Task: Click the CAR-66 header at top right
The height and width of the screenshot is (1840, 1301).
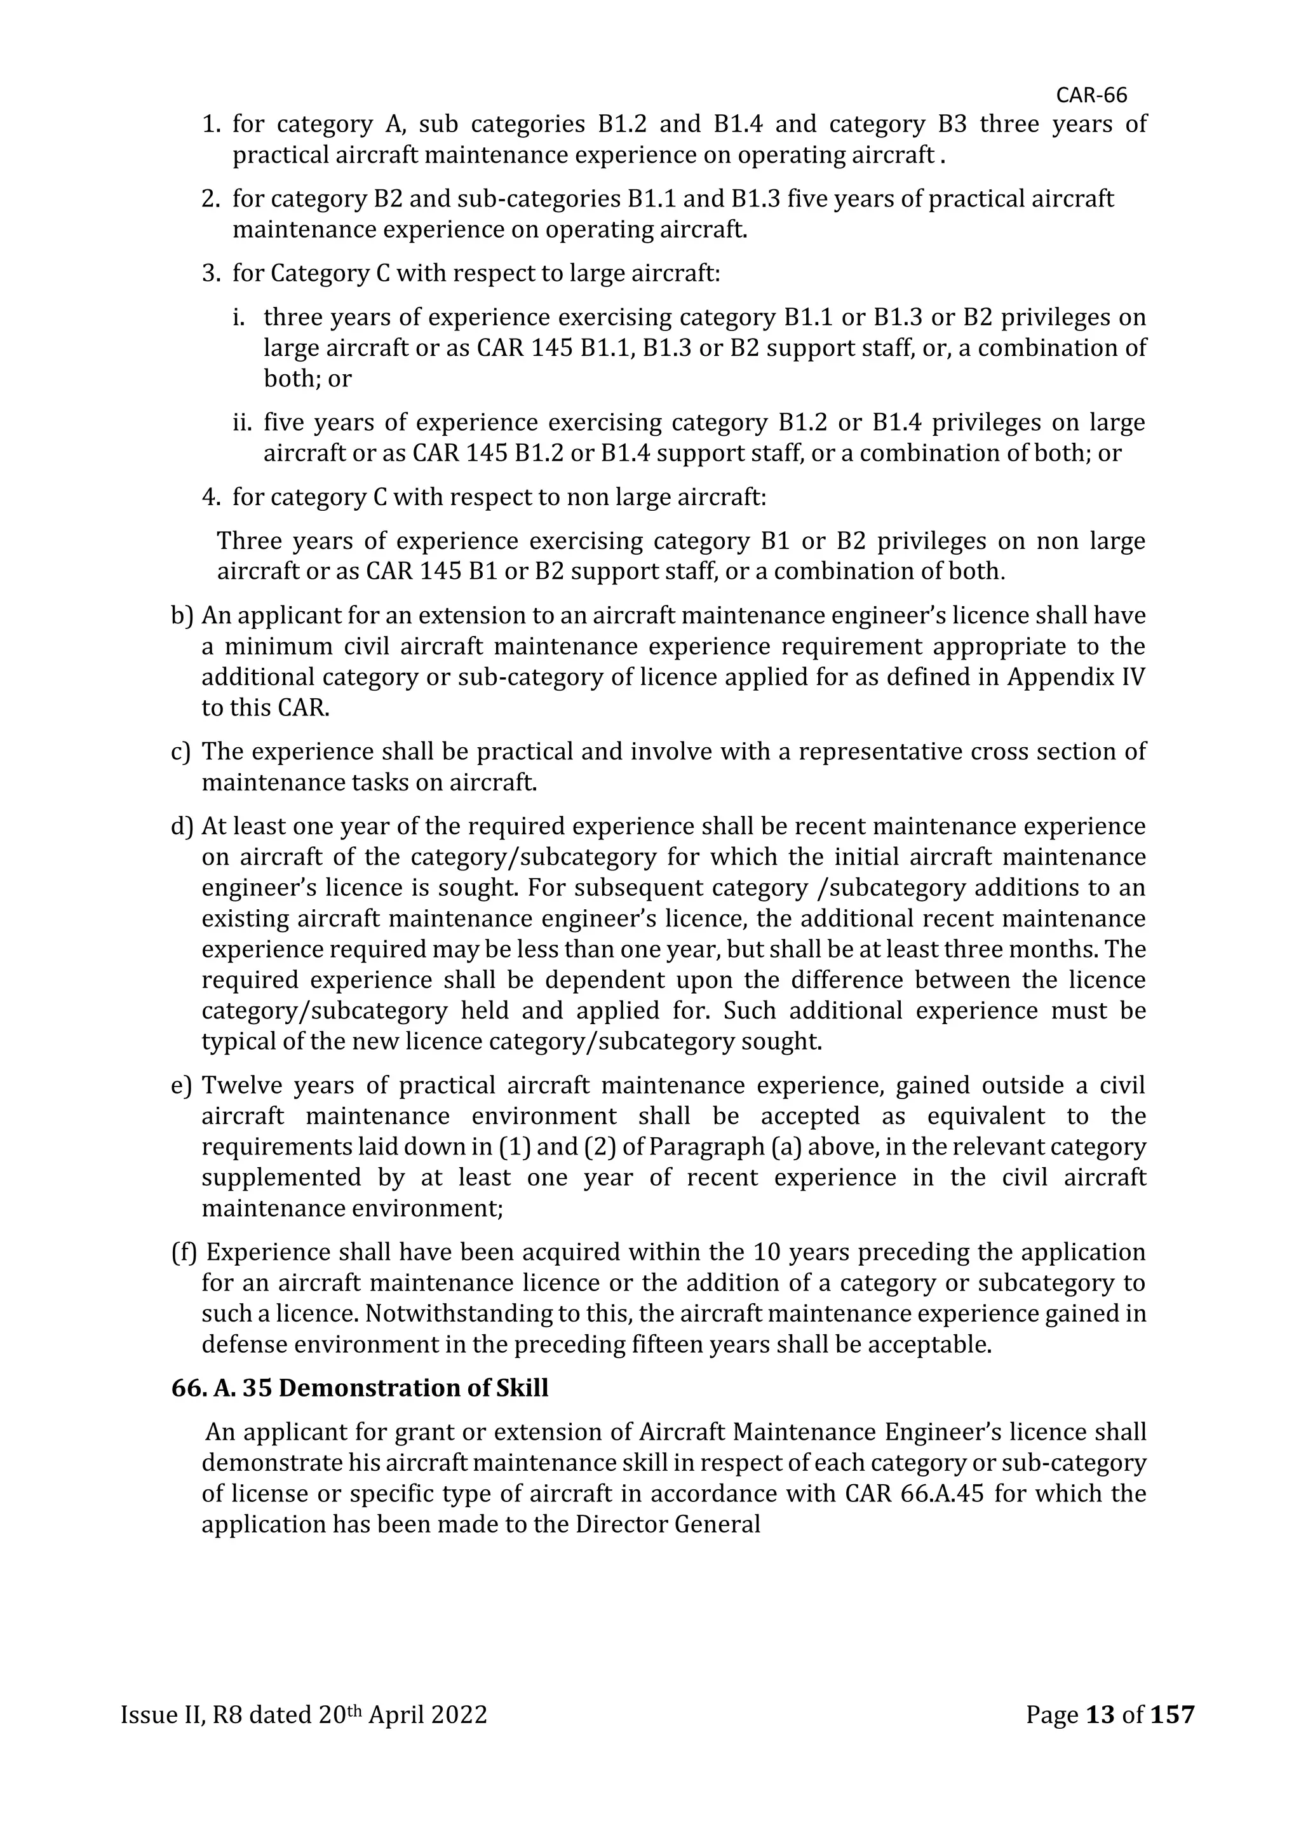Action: coord(1091,95)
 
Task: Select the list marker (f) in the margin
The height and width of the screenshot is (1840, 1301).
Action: coord(184,1252)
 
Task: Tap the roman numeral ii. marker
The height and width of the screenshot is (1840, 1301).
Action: coord(243,423)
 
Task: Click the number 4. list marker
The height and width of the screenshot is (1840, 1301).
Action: coord(211,497)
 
